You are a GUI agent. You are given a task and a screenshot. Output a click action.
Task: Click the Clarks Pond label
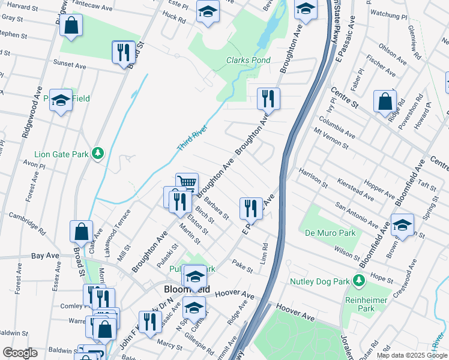click(x=248, y=61)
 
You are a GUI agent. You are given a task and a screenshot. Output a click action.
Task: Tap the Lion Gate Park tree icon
click(x=97, y=154)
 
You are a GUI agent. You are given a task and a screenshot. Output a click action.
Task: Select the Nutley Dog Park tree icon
click(x=359, y=280)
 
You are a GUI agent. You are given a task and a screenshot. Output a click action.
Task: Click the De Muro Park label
click(x=330, y=233)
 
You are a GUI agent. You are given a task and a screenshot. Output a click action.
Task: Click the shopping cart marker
click(x=187, y=184)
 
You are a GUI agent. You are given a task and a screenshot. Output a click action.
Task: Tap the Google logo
click(x=20, y=353)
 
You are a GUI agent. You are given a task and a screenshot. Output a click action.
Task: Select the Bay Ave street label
click(x=46, y=256)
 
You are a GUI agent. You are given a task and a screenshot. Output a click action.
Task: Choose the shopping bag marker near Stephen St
click(x=71, y=26)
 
